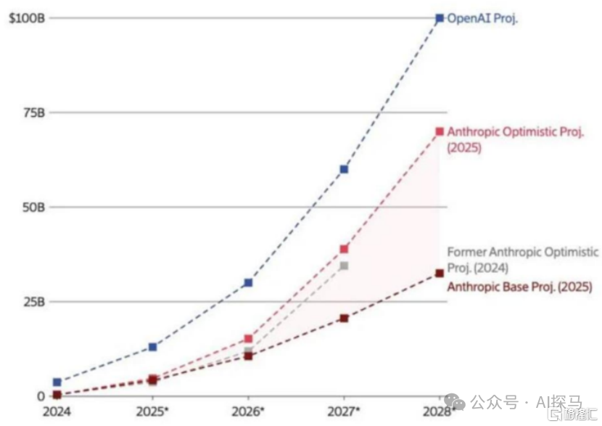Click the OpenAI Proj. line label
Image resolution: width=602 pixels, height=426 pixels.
pyautogui.click(x=482, y=19)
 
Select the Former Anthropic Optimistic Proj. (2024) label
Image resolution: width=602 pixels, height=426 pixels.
pyautogui.click(x=522, y=258)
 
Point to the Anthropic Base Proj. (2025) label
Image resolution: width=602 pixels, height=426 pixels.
pyautogui.click(x=519, y=287)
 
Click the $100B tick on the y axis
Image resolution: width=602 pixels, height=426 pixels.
pyautogui.click(x=27, y=18)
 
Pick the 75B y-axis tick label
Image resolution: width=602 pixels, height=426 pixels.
pyautogui.click(x=33, y=112)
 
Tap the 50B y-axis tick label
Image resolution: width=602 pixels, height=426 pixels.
pyautogui.click(x=33, y=207)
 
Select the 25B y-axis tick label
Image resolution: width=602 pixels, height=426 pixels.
pyautogui.click(x=33, y=301)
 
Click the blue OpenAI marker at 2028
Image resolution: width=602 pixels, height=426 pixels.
pyautogui.click(x=440, y=18)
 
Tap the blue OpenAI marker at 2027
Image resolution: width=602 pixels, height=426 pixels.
pyautogui.click(x=344, y=169)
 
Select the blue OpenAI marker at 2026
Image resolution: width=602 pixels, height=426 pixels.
pyautogui.click(x=248, y=282)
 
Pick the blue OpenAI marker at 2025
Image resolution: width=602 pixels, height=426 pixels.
pyautogui.click(x=152, y=347)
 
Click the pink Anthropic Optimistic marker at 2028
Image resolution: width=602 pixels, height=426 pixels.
pyautogui.click(x=440, y=131)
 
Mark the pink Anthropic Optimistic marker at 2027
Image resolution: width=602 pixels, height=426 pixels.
pyautogui.click(x=344, y=249)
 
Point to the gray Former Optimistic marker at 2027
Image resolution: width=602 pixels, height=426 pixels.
pyautogui.click(x=344, y=266)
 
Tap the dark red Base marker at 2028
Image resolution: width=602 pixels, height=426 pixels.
pyautogui.click(x=440, y=273)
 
